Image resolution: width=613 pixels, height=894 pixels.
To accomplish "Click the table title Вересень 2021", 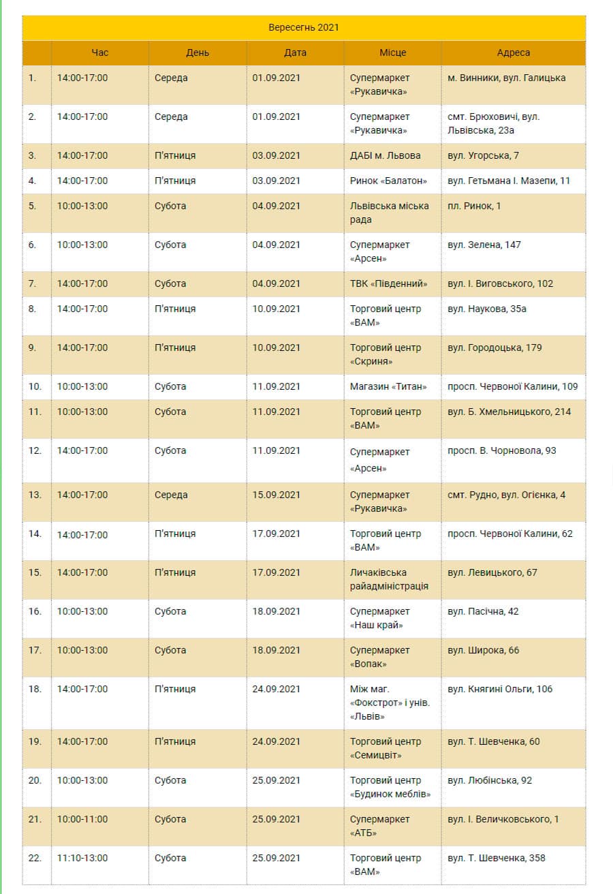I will click(x=304, y=28).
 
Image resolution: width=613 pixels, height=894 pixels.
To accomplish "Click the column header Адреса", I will click(x=513, y=52).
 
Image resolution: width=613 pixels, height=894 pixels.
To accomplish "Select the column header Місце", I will click(x=393, y=52).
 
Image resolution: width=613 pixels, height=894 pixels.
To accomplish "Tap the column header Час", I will click(x=100, y=52).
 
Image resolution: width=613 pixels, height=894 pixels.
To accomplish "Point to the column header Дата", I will click(x=295, y=52).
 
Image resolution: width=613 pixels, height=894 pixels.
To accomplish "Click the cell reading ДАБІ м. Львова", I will click(x=386, y=155).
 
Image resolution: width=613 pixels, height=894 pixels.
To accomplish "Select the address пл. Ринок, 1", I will click(x=474, y=206).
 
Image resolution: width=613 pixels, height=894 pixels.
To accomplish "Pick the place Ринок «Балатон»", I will click(x=388, y=181).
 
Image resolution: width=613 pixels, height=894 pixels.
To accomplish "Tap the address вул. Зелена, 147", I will click(x=484, y=245).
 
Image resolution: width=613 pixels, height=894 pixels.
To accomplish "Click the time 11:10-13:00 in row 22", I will click(x=82, y=858).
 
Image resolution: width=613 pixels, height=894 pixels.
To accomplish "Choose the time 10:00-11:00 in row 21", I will click(x=82, y=819).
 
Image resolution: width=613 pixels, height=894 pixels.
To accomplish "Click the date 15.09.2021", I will click(x=276, y=495).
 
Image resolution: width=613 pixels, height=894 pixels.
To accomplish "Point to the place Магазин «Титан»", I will click(x=388, y=386).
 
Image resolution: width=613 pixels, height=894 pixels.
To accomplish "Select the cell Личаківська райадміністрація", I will click(x=389, y=579).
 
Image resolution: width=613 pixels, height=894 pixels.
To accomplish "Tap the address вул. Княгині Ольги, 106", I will click(x=500, y=689).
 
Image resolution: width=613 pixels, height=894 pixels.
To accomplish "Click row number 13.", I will click(x=35, y=495).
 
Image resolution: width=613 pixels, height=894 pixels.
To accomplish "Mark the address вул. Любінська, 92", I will click(x=490, y=780).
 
